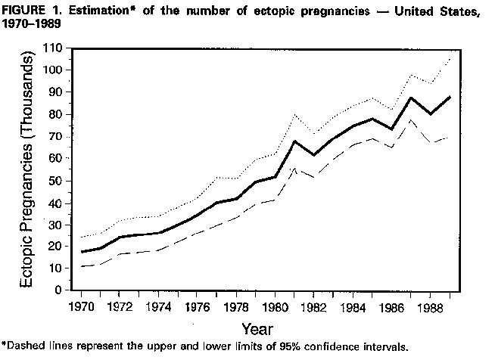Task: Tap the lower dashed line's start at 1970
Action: coord(81,267)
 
